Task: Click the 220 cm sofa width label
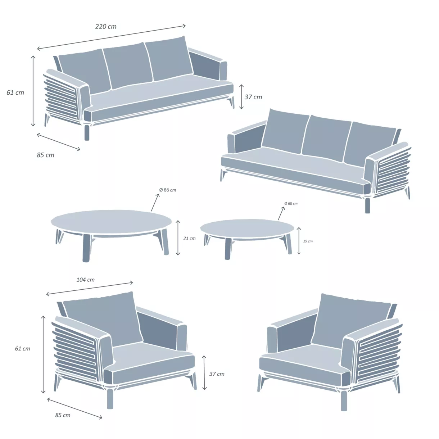click(x=106, y=27)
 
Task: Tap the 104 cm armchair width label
click(x=86, y=280)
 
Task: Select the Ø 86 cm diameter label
click(x=168, y=190)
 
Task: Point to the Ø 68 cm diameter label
click(x=291, y=204)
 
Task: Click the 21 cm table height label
click(x=189, y=238)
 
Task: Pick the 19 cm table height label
click(x=308, y=241)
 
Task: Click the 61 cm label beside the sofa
click(x=15, y=92)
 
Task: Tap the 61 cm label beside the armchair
click(x=23, y=348)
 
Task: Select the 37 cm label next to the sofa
click(x=253, y=97)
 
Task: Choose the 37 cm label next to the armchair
click(x=217, y=374)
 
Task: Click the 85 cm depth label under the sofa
click(x=45, y=155)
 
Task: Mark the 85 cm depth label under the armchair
click(x=63, y=415)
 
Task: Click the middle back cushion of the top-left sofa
click(x=128, y=65)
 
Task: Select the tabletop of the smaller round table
click(x=247, y=228)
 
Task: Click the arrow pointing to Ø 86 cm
click(x=155, y=202)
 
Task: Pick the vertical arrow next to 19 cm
click(x=299, y=241)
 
